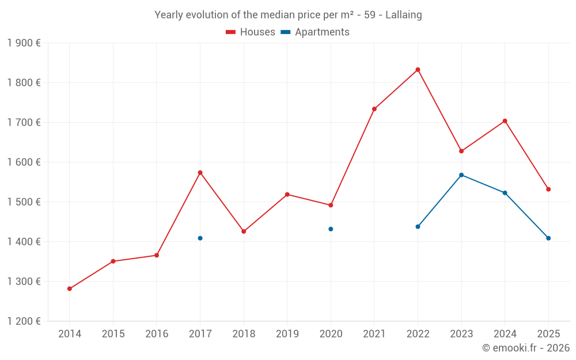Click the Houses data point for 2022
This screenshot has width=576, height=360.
(x=418, y=70)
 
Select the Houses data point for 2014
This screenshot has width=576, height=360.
(x=70, y=289)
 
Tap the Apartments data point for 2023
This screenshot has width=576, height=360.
(x=461, y=175)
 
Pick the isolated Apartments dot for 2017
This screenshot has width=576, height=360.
(x=200, y=238)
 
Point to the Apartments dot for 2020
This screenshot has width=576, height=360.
(x=331, y=229)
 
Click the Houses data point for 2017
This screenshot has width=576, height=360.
(x=200, y=172)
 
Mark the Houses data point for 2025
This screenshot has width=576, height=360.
(x=548, y=189)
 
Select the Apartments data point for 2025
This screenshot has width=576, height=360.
(x=548, y=238)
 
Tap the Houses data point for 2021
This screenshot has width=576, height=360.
(x=374, y=109)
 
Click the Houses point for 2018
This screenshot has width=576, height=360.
(x=244, y=231)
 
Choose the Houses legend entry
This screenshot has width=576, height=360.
(x=251, y=32)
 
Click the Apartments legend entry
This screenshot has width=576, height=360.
(x=315, y=32)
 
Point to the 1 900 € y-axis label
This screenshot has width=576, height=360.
(x=24, y=43)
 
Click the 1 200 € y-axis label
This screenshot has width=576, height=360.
(x=24, y=321)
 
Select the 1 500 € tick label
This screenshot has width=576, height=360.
(x=24, y=202)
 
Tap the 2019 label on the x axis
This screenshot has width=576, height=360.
(x=287, y=334)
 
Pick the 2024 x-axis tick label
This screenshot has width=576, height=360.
(x=505, y=334)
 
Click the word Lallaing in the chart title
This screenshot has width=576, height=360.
(x=403, y=15)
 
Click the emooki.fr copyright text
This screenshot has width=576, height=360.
(x=525, y=348)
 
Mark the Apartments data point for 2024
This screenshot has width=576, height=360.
(x=505, y=192)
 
